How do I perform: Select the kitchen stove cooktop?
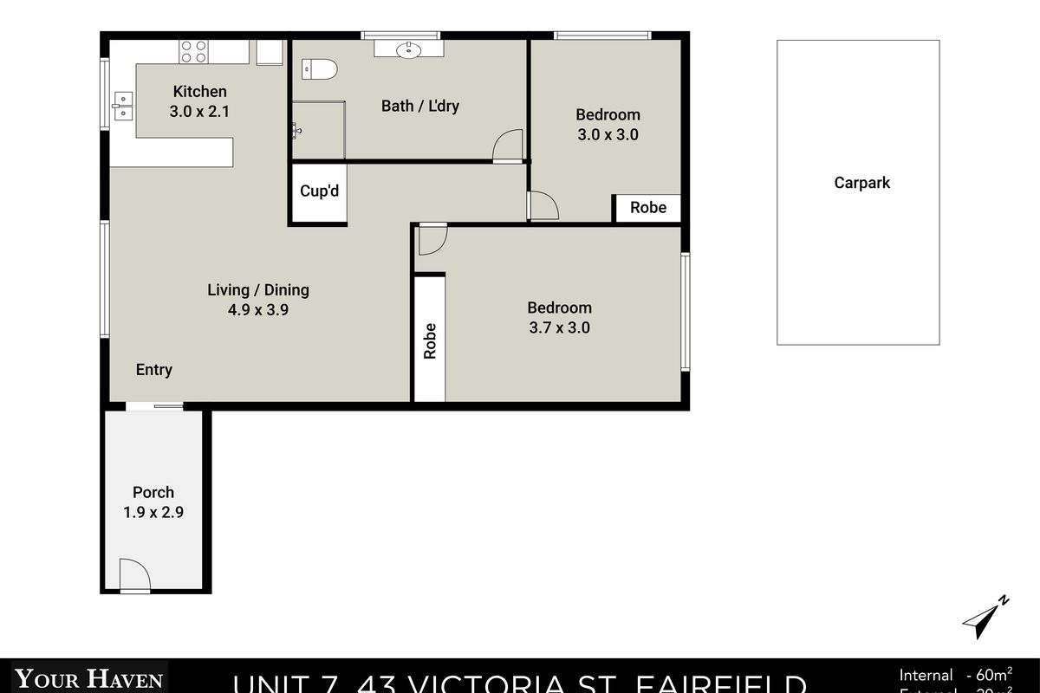click(x=193, y=51)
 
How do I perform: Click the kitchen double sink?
click(x=121, y=105)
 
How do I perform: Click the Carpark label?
click(x=861, y=183)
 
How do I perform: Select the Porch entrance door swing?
click(x=134, y=574)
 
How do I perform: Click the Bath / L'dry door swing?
click(x=507, y=146)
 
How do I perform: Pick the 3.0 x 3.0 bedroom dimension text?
click(x=608, y=135)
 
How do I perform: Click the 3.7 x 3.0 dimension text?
click(x=559, y=328)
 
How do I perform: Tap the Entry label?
click(x=154, y=370)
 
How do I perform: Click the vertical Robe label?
click(x=430, y=341)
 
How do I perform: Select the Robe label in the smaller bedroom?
click(x=647, y=208)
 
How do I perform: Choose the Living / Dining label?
click(x=257, y=290)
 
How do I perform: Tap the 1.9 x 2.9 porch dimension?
click(x=153, y=512)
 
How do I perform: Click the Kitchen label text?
click(x=199, y=92)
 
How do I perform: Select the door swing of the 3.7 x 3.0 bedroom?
click(x=431, y=239)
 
